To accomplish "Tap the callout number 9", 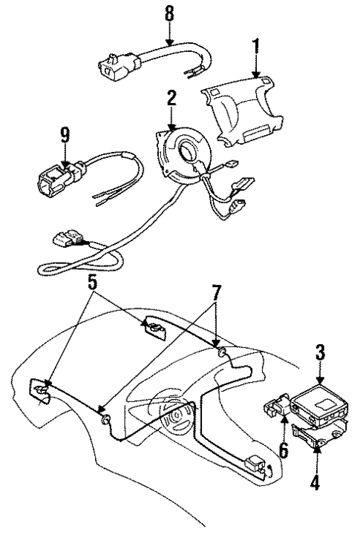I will tap(65, 135).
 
